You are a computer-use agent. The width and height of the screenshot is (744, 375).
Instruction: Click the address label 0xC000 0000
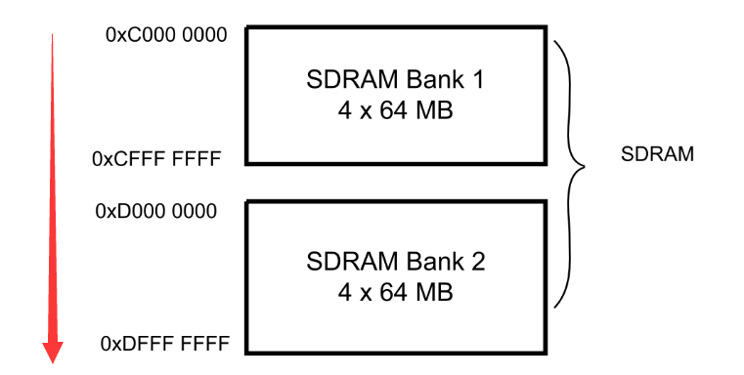click(x=166, y=36)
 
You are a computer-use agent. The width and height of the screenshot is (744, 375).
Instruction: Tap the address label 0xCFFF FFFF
click(x=156, y=158)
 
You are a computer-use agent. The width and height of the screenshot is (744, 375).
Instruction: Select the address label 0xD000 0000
click(x=156, y=211)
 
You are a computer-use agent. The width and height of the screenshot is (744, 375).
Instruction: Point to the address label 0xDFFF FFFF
click(x=164, y=344)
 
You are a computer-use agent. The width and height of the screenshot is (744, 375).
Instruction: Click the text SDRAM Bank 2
click(x=394, y=263)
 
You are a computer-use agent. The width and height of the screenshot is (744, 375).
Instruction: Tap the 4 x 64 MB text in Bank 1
click(x=394, y=110)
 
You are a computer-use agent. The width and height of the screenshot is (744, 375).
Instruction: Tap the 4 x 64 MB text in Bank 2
click(x=394, y=292)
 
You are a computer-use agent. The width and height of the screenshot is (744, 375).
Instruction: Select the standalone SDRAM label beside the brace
click(x=657, y=154)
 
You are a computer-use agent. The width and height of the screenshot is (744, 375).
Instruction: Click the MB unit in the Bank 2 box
click(x=436, y=292)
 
